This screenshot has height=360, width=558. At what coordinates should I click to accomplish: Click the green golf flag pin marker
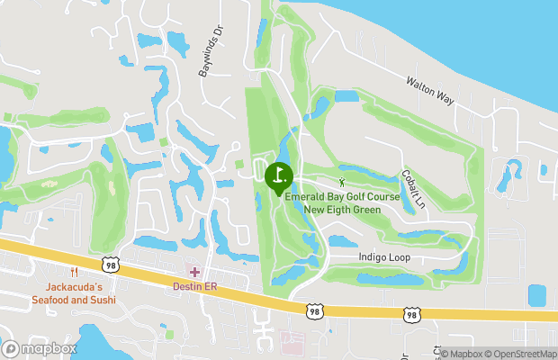point(279,175)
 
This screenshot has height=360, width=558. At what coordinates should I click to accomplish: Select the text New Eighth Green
point(342,210)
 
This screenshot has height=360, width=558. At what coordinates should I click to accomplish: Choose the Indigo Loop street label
point(377,257)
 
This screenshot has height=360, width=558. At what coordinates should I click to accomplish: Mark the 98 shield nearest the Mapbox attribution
point(411,315)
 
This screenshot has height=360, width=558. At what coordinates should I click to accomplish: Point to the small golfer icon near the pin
point(328,182)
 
